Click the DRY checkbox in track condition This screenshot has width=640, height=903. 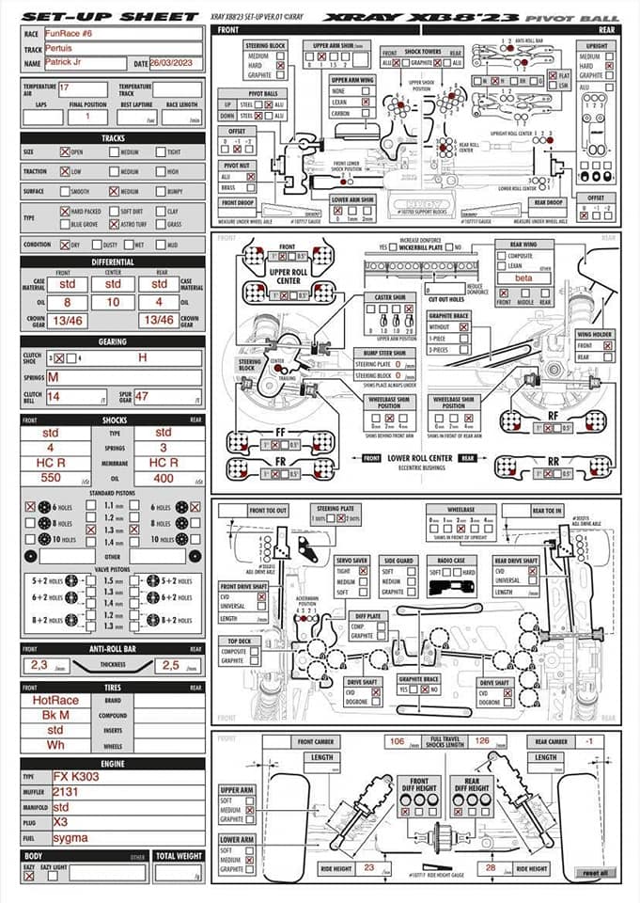(x=65, y=245)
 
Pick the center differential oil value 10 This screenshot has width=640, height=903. (x=113, y=303)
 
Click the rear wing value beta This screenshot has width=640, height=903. (x=523, y=277)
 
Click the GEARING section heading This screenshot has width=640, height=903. (x=113, y=341)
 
